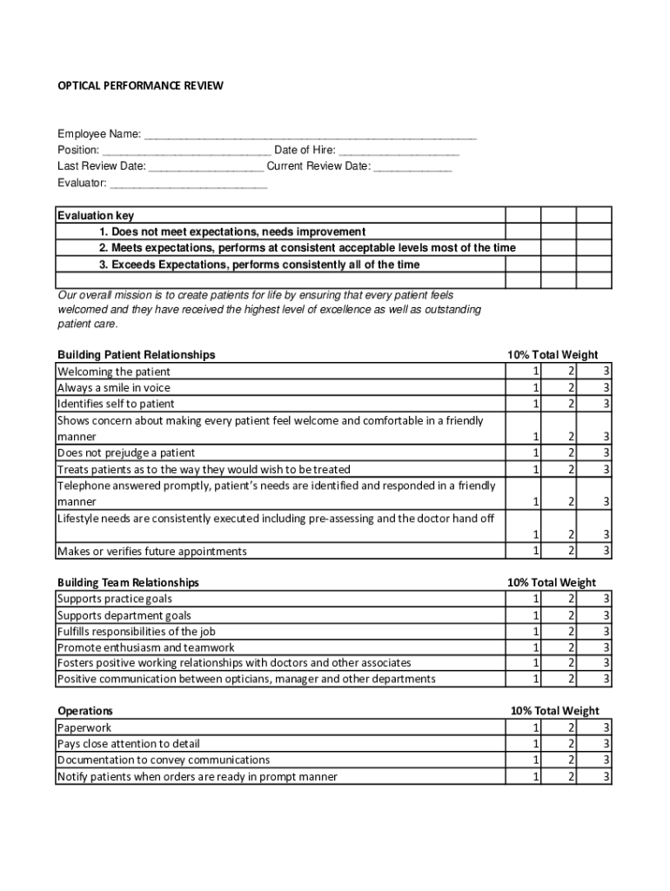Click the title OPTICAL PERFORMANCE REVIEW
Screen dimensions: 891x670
[140, 85]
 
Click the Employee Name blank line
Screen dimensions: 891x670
[311, 135]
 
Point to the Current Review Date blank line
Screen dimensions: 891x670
[412, 167]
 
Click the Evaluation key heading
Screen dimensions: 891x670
[96, 216]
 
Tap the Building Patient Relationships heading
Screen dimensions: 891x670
[136, 355]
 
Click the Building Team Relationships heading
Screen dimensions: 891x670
[128, 582]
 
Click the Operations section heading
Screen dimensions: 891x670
[84, 711]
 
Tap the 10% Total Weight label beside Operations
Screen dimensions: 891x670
[554, 711]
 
